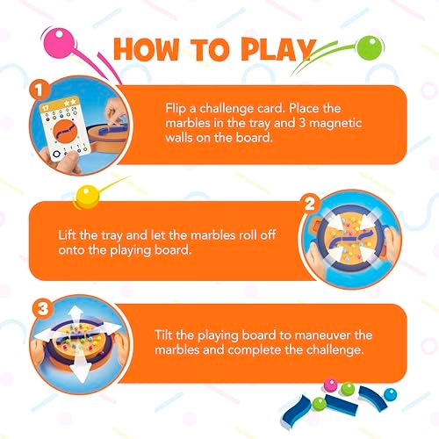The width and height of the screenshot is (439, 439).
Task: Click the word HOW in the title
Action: coord(146,49)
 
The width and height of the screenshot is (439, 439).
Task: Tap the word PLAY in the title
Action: coord(278,49)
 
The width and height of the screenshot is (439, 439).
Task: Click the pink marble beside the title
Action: coord(58,43)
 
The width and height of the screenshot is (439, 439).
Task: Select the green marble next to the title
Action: coord(370,47)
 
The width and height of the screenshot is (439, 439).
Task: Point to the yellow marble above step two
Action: coord(86,197)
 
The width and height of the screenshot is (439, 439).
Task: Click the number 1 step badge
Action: coord(40,90)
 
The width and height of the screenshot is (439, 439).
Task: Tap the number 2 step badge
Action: coord(310,203)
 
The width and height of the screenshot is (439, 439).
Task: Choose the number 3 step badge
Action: coord(43,308)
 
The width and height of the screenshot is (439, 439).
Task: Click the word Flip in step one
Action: coord(176,109)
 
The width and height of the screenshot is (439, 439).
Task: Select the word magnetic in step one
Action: coord(335,123)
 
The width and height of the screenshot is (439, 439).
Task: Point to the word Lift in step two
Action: coord(68,235)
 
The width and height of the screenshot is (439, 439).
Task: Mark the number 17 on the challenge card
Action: coord(46,108)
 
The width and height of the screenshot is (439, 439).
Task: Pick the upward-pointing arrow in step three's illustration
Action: coord(76,318)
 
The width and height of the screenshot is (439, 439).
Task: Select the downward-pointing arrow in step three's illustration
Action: coord(80,366)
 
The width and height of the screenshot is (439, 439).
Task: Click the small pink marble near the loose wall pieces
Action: coord(331,385)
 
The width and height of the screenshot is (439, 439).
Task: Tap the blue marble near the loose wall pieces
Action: coord(390,394)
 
